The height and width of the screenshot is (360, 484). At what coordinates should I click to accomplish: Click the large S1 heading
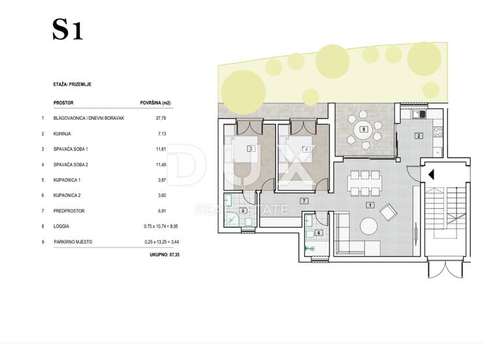67,29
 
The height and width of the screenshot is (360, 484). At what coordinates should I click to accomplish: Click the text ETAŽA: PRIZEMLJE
72,84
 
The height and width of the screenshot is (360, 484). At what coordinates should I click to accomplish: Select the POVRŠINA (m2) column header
155,103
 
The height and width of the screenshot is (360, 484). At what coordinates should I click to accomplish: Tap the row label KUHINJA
62,134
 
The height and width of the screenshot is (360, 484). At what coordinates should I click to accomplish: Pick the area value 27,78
161,118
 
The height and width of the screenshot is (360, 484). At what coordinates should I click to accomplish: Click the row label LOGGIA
61,226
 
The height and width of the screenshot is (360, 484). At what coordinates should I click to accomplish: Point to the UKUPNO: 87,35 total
165,255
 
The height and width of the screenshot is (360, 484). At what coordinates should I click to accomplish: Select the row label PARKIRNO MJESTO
73,242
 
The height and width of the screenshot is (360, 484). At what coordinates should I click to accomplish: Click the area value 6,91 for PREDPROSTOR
162,211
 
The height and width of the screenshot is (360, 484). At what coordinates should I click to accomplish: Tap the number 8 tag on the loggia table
364,129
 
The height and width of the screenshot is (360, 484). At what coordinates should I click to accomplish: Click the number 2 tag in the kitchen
419,135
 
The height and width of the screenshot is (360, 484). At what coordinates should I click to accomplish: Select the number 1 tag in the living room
370,205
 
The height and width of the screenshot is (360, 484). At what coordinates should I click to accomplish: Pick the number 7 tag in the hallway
304,201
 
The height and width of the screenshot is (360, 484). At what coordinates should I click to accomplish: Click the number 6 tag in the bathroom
319,232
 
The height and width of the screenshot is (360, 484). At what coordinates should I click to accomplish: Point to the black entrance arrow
431,175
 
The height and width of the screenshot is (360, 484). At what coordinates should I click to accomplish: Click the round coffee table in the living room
368,226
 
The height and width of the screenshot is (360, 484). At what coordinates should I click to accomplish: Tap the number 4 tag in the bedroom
306,149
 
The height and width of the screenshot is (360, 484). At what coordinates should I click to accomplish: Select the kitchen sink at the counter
419,115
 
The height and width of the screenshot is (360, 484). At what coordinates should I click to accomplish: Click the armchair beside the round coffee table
389,213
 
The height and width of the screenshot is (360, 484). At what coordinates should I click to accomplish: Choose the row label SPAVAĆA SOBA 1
71,149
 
